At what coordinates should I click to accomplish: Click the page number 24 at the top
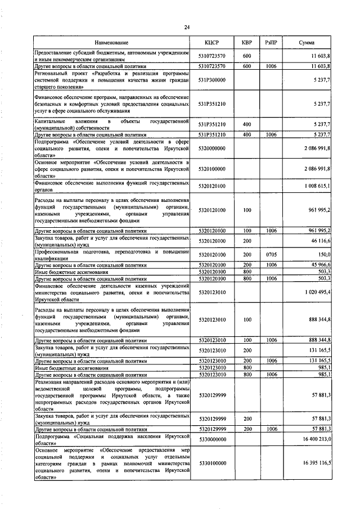[187, 27]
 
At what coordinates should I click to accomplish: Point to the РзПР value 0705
[271, 254]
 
